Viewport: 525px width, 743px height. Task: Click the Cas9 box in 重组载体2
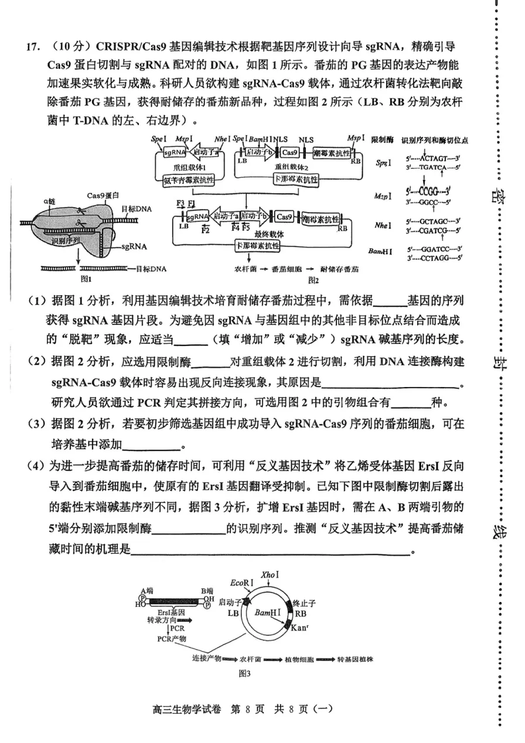289,152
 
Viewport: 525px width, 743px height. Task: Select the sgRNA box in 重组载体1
174,152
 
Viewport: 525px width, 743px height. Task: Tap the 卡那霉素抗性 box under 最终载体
258,245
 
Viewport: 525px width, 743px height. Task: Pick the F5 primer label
247,227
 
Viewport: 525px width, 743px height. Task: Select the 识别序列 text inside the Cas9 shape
64,241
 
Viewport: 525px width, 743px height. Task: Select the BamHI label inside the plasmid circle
267,612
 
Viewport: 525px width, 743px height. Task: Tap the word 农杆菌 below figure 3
251,659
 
